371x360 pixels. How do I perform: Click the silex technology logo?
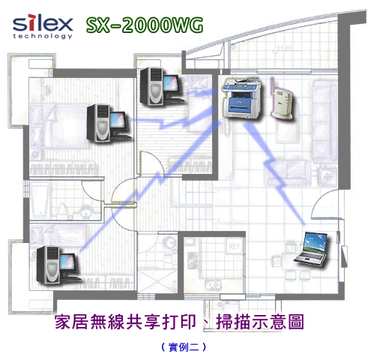tap(43, 27)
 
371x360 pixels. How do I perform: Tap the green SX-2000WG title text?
tap(145, 25)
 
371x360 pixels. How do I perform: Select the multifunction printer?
tap(241, 98)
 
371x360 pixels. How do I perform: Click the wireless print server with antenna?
tap(282, 100)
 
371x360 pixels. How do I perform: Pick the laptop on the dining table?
tap(311, 248)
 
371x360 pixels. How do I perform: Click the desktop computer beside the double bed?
tap(109, 123)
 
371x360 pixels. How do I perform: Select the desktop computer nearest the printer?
tap(162, 86)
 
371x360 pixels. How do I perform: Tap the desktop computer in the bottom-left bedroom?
tap(58, 265)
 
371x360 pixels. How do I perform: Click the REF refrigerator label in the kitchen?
tap(235, 247)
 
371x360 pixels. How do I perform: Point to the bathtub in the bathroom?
tap(40, 199)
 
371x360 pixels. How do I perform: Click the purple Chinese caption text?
tap(179, 322)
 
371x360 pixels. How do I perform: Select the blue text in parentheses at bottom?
tap(184, 346)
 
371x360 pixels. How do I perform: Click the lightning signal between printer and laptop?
tap(274, 172)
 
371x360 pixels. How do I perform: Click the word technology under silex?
tap(43, 36)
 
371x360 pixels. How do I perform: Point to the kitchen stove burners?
tap(192, 260)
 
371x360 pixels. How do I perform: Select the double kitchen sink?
tap(213, 285)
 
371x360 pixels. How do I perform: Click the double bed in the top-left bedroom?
tap(59, 125)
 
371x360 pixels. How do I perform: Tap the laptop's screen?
tap(315, 242)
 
